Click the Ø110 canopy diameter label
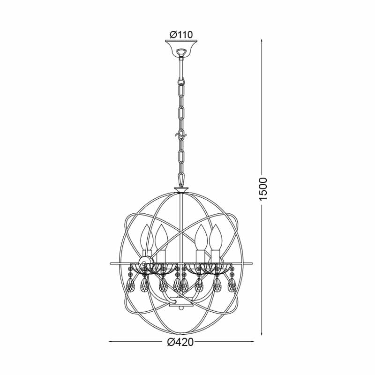point(181,35)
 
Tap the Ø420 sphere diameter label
point(181,342)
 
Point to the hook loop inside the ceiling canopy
point(181,52)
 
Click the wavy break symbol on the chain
point(181,136)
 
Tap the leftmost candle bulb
point(147,238)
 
